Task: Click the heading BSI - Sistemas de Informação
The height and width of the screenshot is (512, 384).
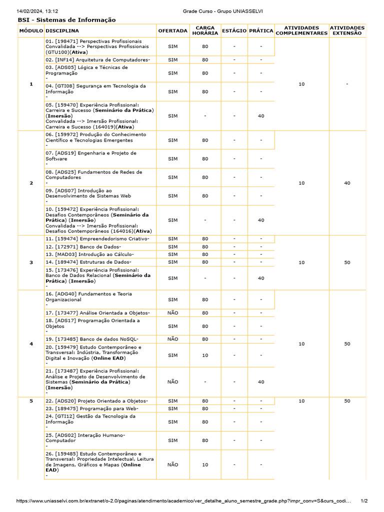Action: (66, 20)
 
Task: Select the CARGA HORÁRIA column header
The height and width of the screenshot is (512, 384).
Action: (205, 30)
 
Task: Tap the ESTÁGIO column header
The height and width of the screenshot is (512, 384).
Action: (234, 30)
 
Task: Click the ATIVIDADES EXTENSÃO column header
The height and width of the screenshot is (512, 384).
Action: (347, 30)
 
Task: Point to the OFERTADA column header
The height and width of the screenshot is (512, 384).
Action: (172, 30)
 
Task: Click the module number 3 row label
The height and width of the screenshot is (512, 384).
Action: (31, 262)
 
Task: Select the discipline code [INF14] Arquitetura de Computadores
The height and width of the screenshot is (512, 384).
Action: (97, 59)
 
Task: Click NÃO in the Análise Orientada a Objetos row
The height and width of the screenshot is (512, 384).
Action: (172, 312)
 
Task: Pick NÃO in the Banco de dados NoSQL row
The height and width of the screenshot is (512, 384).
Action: (172, 339)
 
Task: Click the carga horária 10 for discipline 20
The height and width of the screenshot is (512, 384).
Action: (205, 355)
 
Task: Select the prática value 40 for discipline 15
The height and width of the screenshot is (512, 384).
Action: (261, 278)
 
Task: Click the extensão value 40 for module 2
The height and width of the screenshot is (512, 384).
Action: (347, 183)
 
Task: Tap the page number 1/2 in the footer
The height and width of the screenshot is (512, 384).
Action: (364, 500)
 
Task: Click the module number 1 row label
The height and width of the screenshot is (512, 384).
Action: (31, 84)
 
